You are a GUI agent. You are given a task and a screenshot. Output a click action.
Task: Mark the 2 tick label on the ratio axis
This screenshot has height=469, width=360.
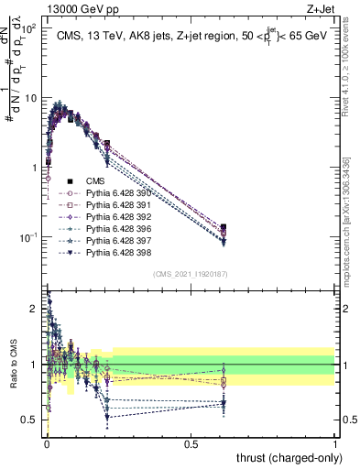pyautogui.click(x=34, y=309)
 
